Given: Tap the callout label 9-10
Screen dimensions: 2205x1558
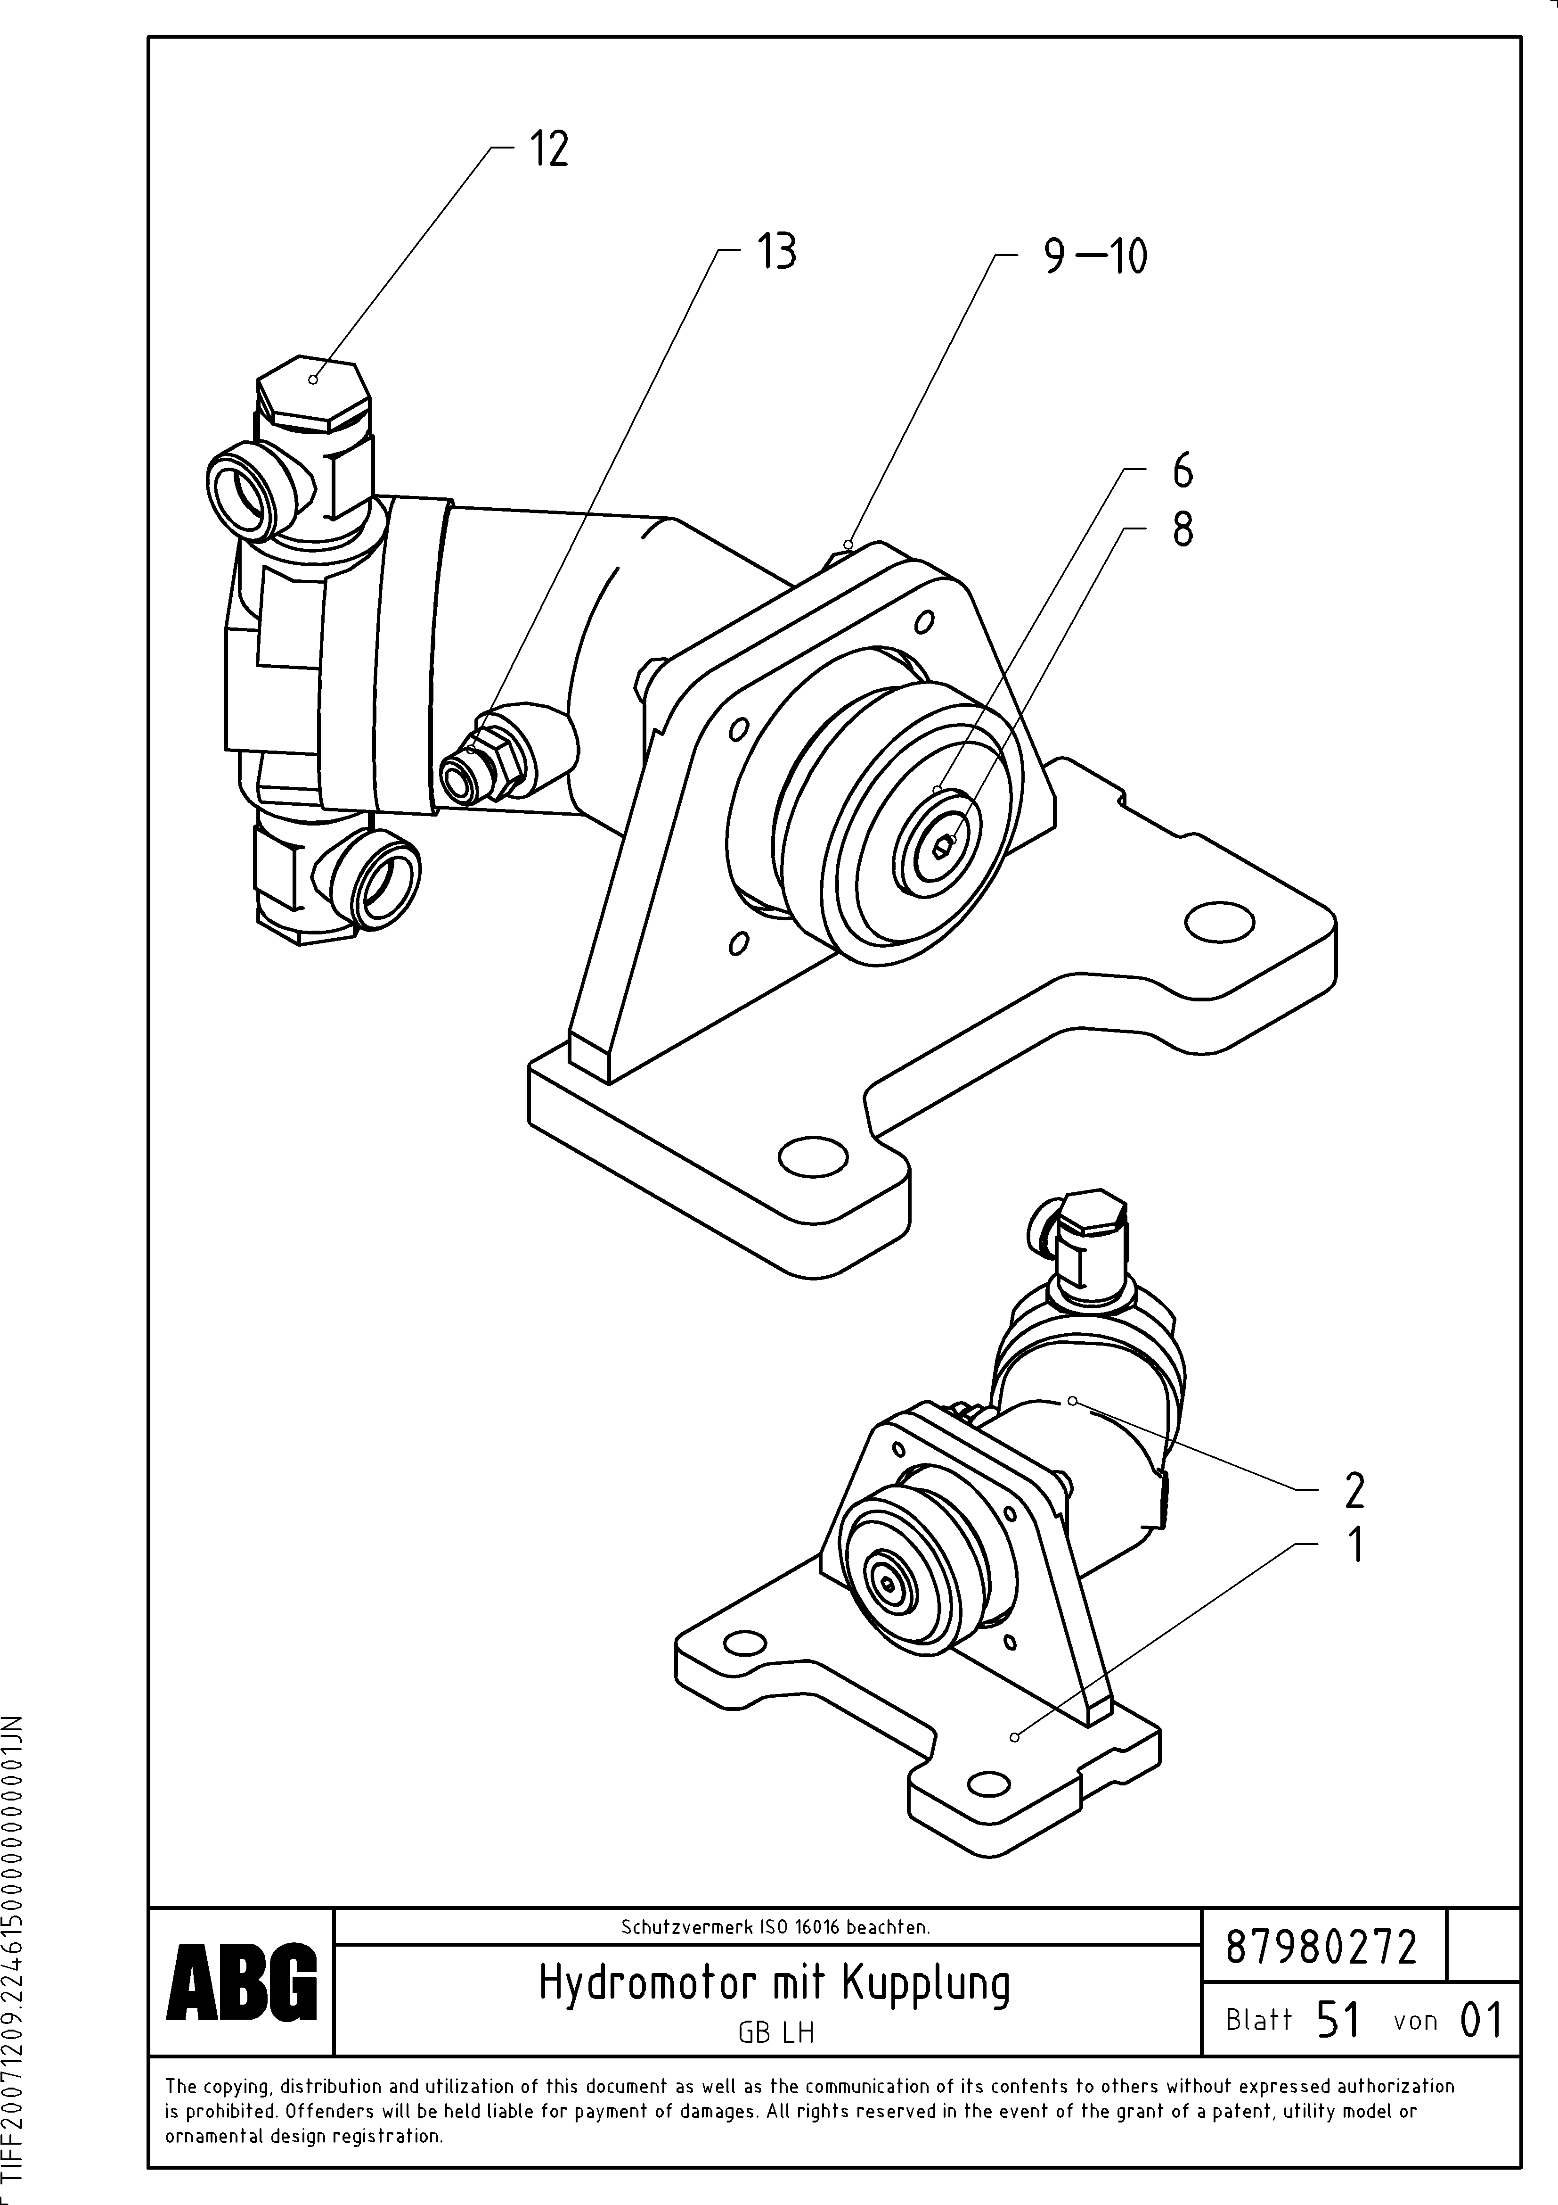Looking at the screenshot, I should [1095, 256].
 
